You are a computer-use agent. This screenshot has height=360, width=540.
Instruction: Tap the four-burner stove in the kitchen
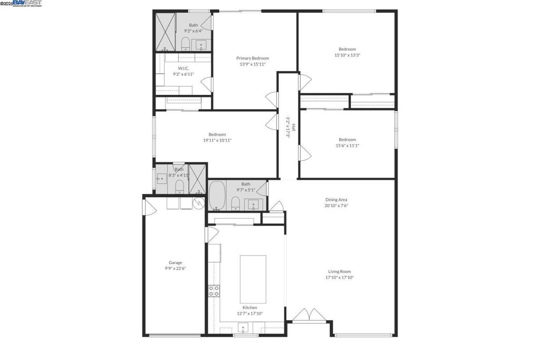pyautogui.click(x=214, y=291)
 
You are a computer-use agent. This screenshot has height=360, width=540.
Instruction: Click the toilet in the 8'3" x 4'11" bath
pyautogui.click(x=179, y=185)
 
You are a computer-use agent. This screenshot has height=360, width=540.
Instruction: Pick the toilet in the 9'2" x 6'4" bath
pyautogui.click(x=186, y=43)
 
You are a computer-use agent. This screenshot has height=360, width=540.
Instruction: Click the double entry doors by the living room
pyautogui.click(x=308, y=315)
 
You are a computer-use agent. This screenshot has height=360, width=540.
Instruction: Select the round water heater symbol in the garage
pyautogui.click(x=198, y=203)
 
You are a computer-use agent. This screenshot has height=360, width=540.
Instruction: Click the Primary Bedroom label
pyautogui.click(x=253, y=59)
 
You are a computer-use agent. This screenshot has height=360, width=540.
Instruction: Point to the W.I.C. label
pyautogui.click(x=184, y=68)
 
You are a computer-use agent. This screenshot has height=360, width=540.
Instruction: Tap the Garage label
pyautogui.click(x=175, y=262)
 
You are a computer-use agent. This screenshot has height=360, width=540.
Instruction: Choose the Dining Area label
pyautogui.click(x=336, y=200)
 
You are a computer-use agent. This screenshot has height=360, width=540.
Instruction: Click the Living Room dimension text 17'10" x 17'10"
pyautogui.click(x=339, y=277)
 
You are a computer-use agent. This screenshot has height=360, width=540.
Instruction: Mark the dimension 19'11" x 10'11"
pyautogui.click(x=217, y=140)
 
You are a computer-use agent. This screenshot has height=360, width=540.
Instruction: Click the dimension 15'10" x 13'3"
pyautogui.click(x=347, y=55)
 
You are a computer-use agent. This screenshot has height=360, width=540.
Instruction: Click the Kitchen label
pyautogui.click(x=249, y=307)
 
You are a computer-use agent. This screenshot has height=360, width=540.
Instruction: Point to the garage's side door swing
pyautogui.click(x=150, y=207)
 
